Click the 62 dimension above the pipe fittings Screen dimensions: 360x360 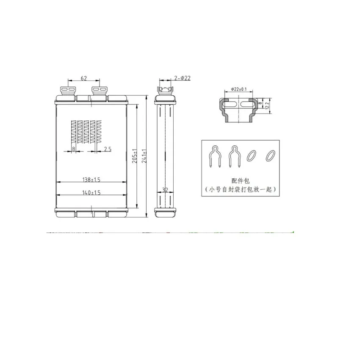[84, 78]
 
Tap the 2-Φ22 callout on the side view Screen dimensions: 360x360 [182, 78]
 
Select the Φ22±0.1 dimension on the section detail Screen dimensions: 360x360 [239, 89]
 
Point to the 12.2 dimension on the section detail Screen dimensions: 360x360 [267, 106]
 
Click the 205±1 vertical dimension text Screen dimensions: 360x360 [135, 156]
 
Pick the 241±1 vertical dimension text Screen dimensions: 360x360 [144, 156]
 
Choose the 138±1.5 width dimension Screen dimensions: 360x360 [91, 180]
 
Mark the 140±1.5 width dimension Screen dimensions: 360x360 [91, 192]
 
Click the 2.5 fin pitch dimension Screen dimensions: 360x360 [108, 149]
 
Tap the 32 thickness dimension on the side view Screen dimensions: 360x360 [165, 190]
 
